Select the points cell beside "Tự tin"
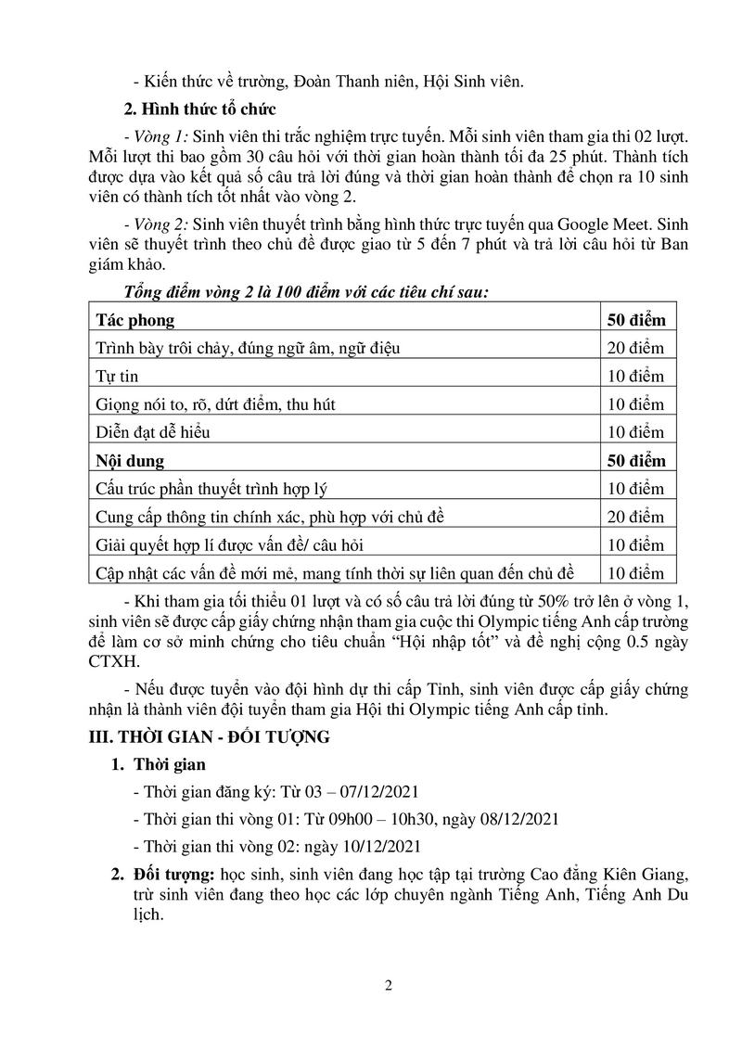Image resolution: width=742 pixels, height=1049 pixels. point(635,377)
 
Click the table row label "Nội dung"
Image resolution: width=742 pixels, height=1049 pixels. point(130,460)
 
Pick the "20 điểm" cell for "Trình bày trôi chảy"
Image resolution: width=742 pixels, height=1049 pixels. point(635,349)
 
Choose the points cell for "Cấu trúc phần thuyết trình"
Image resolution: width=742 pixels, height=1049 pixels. point(635,488)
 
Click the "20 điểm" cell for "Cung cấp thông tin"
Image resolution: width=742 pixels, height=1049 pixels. point(635,517)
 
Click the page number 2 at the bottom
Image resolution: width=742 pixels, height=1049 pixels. point(388,986)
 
